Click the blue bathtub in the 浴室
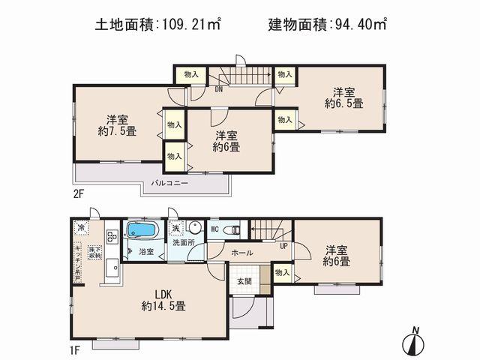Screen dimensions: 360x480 [x=140, y=230]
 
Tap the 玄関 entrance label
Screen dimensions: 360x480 [x=245, y=281]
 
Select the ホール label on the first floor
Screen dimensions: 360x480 [x=242, y=253]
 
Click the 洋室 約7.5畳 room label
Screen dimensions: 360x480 [x=115, y=125]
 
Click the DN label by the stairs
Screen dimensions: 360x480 [x=218, y=88]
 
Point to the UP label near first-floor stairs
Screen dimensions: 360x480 [x=283, y=245]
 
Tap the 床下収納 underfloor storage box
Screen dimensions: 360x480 [x=95, y=253]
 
